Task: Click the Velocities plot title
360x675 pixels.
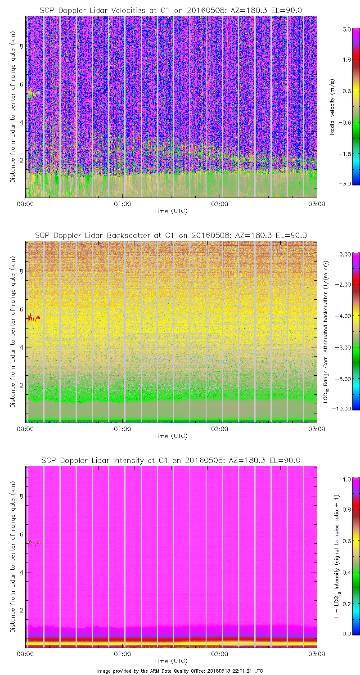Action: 171,10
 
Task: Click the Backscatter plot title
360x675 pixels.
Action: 171,235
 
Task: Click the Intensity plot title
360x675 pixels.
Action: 171,460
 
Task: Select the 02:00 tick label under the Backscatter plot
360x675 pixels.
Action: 220,429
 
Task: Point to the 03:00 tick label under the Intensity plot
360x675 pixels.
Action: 317,654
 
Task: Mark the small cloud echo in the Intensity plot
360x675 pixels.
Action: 33,542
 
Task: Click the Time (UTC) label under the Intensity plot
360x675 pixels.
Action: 171,661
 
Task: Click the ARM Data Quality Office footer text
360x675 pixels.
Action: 180,670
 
